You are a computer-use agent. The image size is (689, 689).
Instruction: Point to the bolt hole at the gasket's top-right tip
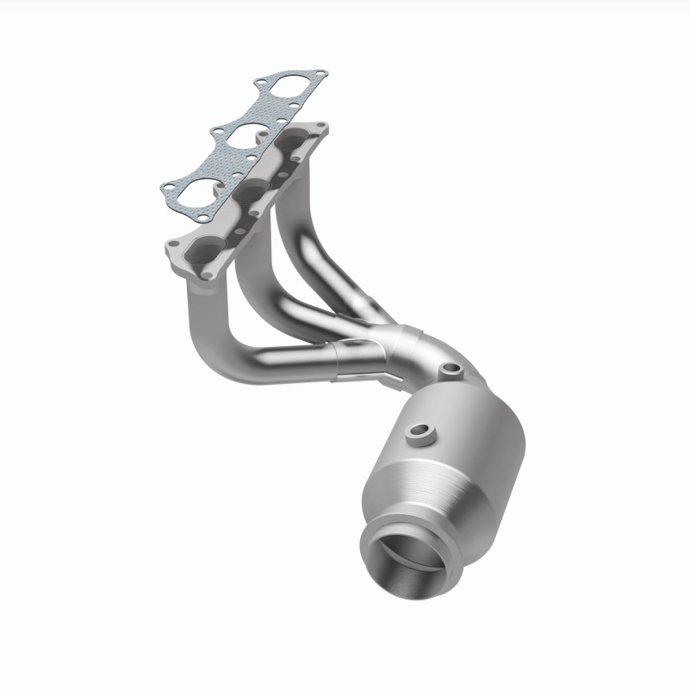320,72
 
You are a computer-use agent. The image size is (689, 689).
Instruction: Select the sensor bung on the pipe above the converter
450,371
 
